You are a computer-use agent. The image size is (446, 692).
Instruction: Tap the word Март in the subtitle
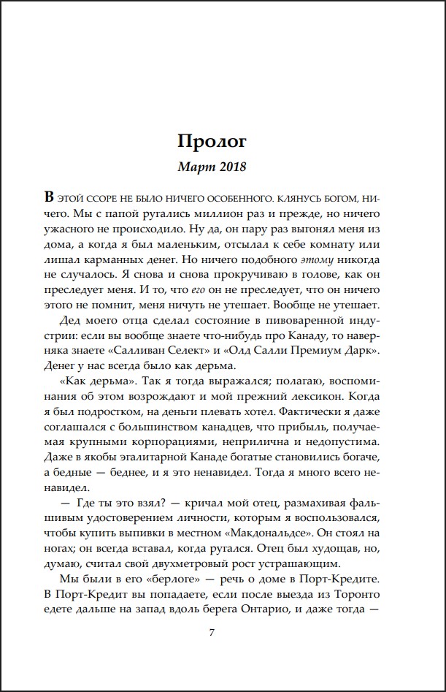pyautogui.click(x=193, y=167)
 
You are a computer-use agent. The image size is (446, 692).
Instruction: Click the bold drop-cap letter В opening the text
pyautogui.click(x=49, y=197)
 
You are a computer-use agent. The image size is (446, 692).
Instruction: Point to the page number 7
pyautogui.click(x=212, y=632)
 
